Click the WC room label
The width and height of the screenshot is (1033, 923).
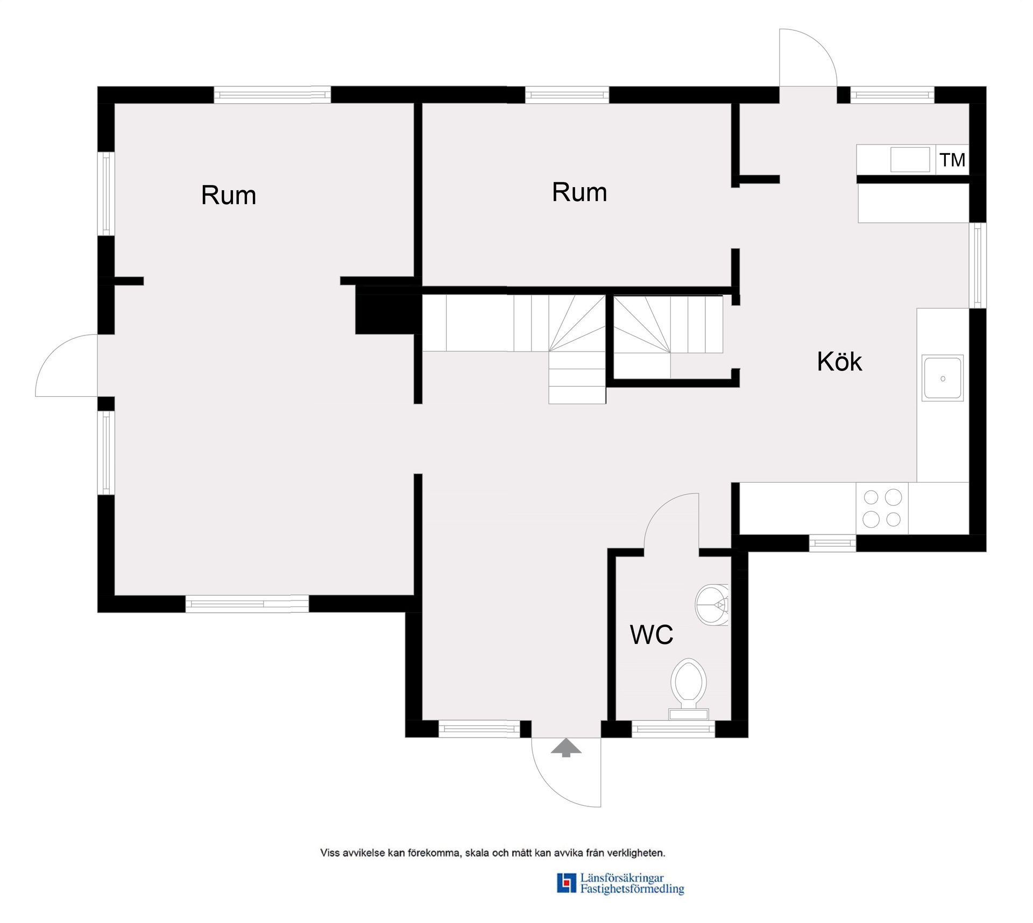[651, 635]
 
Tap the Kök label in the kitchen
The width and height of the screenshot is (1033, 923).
[839, 361]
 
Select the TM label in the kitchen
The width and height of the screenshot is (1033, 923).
[952, 160]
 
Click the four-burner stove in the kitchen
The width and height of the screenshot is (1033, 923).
[882, 508]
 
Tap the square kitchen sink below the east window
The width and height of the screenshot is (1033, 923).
[943, 378]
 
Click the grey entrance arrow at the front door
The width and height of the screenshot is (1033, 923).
[566, 747]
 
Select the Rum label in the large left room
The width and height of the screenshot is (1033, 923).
[229, 195]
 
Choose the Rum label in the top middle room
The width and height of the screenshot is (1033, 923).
[579, 192]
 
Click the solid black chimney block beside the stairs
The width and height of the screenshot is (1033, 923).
[387, 314]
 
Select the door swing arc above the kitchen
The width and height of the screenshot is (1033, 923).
[822, 45]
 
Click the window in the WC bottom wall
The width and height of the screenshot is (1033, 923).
[673, 729]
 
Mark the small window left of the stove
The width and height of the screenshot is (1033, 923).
[832, 543]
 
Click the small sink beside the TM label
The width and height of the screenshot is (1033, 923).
[910, 160]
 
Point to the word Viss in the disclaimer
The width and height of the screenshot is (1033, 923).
[330, 853]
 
